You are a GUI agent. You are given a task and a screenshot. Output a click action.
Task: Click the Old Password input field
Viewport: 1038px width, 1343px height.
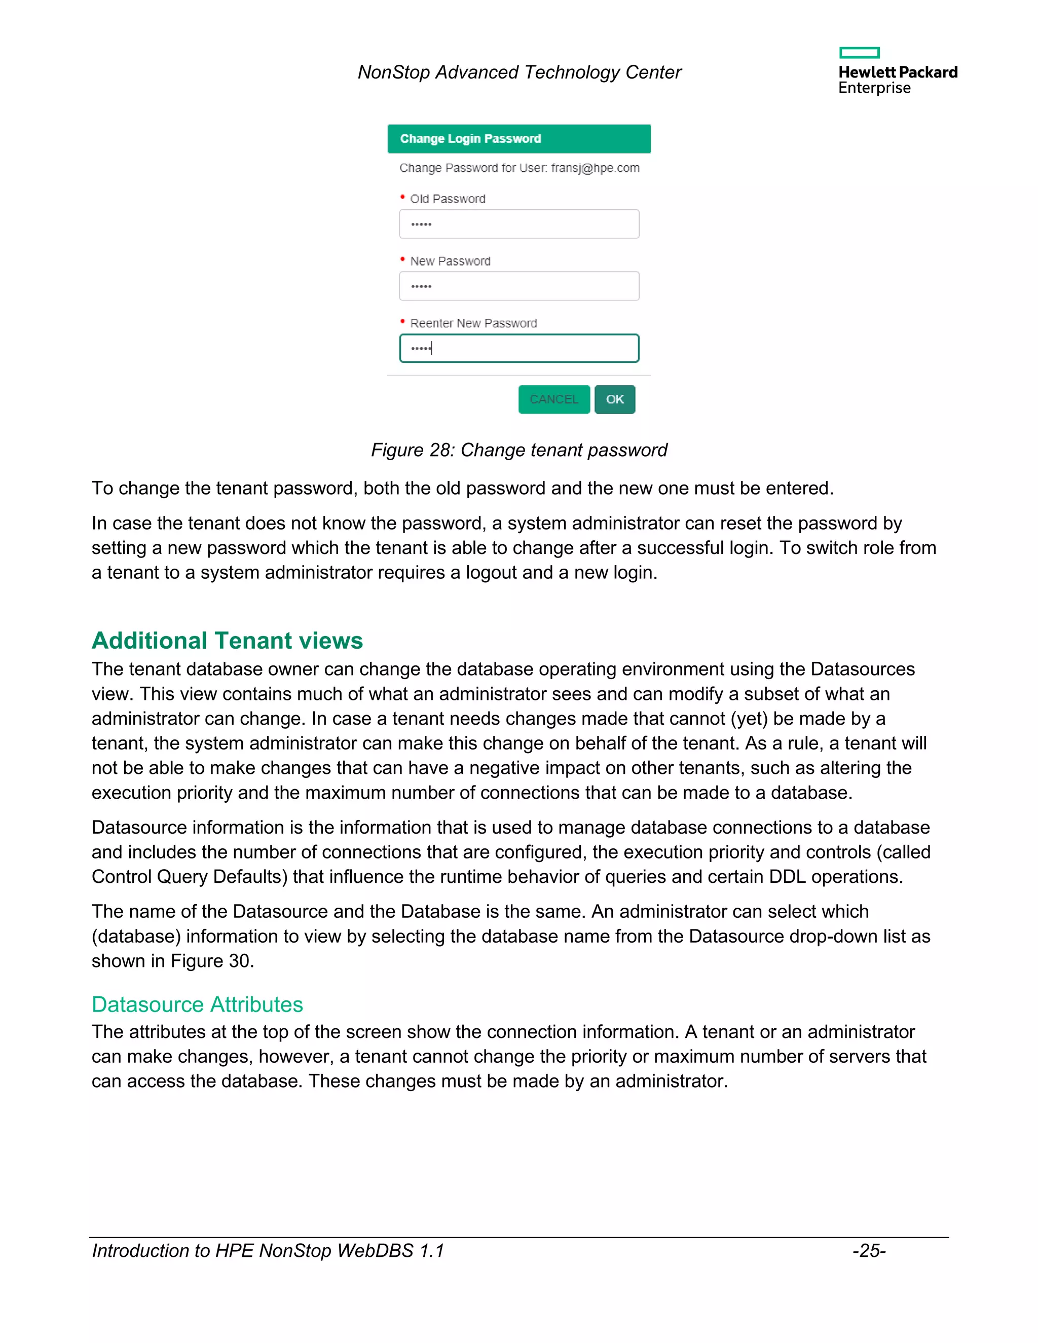(x=519, y=224)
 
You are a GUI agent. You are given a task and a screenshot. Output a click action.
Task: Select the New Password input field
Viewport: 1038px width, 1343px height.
(x=519, y=286)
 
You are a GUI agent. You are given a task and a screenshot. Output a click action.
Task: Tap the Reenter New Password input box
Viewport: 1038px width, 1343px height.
(x=519, y=348)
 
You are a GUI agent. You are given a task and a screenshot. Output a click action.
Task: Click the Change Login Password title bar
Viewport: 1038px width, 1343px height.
(x=518, y=138)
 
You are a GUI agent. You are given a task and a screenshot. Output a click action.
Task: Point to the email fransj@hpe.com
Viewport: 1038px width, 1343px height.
(x=595, y=168)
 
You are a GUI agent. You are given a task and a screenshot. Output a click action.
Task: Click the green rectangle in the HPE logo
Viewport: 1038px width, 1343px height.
(x=859, y=53)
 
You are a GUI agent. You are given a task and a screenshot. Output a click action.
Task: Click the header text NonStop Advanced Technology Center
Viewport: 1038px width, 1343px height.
(x=519, y=72)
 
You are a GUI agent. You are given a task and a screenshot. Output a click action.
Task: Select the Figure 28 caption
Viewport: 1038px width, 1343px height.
(x=519, y=450)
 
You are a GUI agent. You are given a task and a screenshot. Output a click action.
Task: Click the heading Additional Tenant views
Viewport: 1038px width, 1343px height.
(x=227, y=640)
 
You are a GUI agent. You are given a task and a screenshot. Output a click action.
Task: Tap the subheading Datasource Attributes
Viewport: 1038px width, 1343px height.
(x=197, y=1004)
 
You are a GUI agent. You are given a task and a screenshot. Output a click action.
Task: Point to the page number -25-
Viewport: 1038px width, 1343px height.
(x=868, y=1250)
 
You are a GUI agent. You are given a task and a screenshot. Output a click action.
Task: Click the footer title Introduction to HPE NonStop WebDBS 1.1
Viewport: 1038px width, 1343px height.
(x=268, y=1250)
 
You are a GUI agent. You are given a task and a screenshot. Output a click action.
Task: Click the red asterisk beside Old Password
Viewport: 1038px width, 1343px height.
(x=403, y=197)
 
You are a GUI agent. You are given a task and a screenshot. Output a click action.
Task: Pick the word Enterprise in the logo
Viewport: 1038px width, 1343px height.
(x=874, y=88)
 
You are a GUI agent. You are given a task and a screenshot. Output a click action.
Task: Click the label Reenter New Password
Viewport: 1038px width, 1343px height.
(x=473, y=323)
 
